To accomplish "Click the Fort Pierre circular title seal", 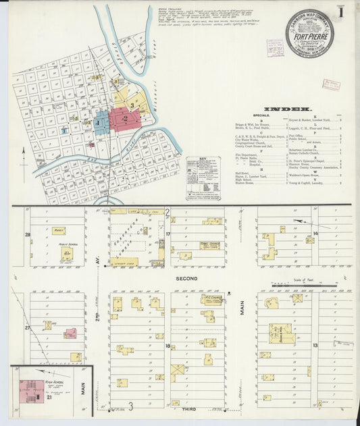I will (x=308, y=33).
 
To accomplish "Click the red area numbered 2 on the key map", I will (x=126, y=118).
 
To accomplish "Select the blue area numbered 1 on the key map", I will (x=101, y=123).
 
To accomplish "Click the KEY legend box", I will (x=203, y=178).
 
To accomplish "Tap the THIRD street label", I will (x=189, y=409).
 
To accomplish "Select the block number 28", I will (x=28, y=235).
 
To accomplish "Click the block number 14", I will (x=315, y=234).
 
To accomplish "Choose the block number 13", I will (x=315, y=345).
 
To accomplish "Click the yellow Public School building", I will (x=67, y=254).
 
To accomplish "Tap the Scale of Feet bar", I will (x=297, y=286).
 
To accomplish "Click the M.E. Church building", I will (x=211, y=298).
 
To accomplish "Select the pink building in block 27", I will (x=70, y=333).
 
